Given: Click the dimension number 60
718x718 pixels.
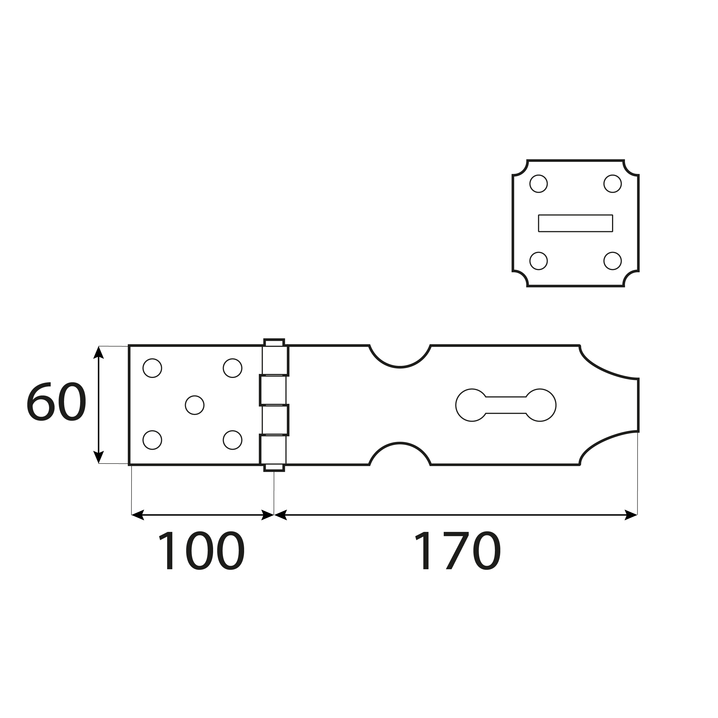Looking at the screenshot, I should (x=57, y=402).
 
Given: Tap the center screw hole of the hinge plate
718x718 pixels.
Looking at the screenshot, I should (x=194, y=405).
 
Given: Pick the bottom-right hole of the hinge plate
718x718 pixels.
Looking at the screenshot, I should (x=233, y=440).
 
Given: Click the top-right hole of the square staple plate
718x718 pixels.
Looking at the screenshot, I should (x=613, y=184).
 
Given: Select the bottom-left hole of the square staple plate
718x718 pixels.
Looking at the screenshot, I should (x=538, y=261).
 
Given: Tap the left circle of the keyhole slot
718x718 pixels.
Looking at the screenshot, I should (x=472, y=405).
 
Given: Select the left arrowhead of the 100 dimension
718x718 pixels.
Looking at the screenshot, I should (x=138, y=515).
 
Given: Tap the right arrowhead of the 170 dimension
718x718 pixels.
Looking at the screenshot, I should (x=631, y=515).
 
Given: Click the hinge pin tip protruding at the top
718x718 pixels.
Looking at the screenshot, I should (x=274, y=342).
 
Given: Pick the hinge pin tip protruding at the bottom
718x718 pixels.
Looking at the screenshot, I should (x=274, y=468).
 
